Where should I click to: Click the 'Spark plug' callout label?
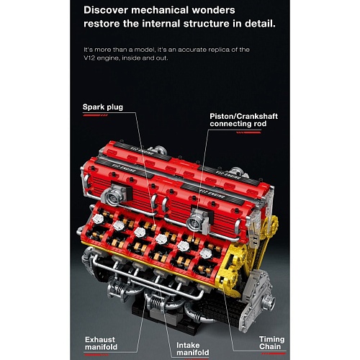103,107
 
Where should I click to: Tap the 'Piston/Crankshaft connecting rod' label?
243,120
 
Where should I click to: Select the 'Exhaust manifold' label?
101,343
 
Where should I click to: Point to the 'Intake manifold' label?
193,348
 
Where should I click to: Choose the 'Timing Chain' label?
271,343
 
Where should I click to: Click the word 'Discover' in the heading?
106,10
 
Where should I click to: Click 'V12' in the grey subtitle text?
89,58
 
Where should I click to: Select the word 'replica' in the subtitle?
220,50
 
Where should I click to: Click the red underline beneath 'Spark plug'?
95,115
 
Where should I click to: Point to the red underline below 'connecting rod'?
248,132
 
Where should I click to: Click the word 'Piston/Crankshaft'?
243,116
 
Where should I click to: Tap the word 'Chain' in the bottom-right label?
270,347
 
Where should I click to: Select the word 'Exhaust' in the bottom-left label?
100,340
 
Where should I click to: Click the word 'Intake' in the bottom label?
188,345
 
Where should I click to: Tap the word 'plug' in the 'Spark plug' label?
114,107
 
